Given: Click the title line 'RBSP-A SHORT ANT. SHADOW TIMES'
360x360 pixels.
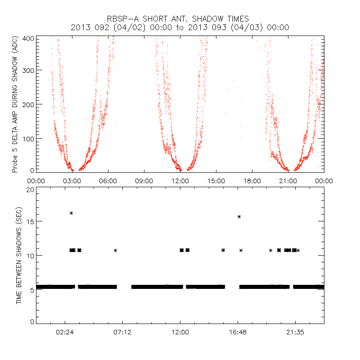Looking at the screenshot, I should (x=180, y=19).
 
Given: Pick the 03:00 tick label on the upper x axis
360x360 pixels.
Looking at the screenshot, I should (x=72, y=180).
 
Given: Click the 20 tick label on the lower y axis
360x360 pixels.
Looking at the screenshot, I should (x=30, y=190).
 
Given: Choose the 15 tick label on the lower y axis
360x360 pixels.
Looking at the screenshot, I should (x=30, y=221).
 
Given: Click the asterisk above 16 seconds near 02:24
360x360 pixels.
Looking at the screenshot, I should (x=71, y=213).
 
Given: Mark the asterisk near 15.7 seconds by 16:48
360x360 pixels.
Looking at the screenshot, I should (x=239, y=216).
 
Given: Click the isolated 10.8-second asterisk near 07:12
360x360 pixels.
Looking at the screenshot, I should (x=116, y=250).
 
